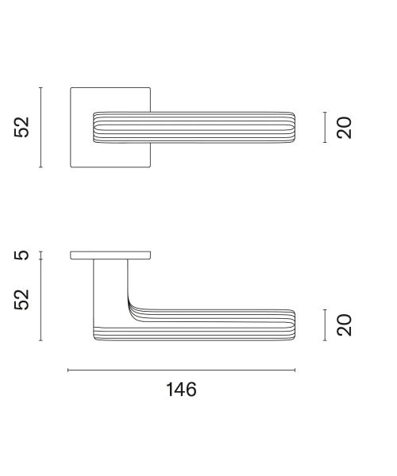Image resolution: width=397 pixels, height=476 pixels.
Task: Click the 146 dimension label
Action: coord(181,390)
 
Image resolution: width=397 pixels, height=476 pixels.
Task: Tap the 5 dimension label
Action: coord(21,255)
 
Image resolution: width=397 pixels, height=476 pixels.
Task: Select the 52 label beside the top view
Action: coord(21,127)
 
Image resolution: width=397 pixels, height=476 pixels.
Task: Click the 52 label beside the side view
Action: coord(21,300)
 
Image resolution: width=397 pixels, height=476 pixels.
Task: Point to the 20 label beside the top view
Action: coord(344,128)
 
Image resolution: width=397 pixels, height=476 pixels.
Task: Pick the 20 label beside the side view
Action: coord(344,325)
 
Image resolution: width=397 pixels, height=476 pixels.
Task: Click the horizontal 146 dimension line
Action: coord(181,370)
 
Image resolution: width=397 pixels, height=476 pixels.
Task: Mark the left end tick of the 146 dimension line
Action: coord(68,370)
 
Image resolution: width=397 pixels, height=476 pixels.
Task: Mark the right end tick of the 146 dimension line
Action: coord(295,370)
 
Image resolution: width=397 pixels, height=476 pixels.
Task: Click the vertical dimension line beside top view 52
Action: coord(40,127)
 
